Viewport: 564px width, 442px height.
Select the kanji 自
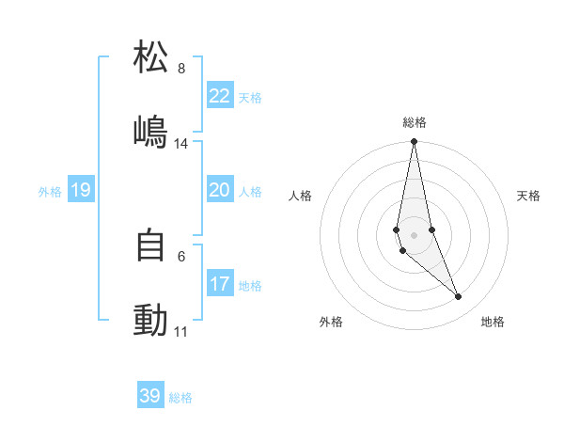pos(150,245)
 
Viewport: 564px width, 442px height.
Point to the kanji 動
pos(150,321)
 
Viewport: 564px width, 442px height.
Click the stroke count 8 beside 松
pos(180,69)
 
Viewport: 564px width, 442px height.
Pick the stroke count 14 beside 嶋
pos(180,144)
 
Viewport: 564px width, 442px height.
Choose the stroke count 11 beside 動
pos(180,332)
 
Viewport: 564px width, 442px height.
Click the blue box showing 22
pos(219,96)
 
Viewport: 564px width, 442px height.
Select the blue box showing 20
pos(219,190)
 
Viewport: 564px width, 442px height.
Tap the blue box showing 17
pos(219,284)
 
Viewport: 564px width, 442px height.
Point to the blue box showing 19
pos(80,191)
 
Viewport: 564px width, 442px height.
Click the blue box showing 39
pos(150,396)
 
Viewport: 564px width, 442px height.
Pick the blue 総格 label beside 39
pos(180,398)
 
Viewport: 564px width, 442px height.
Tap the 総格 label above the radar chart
pos(415,122)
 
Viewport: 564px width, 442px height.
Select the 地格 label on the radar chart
pos(493,322)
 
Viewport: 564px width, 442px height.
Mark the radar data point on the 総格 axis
pos(415,142)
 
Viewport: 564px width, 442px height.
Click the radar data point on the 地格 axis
pos(459,297)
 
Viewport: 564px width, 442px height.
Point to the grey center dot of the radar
pos(415,234)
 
